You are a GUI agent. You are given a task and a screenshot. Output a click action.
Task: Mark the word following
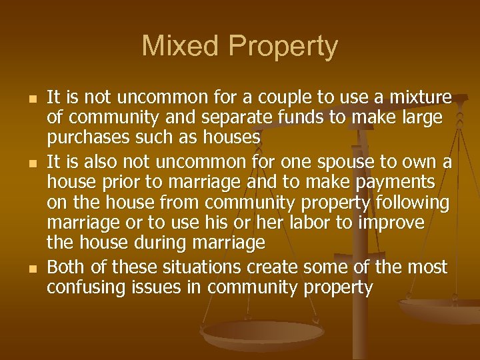pyautogui.click(x=413, y=203)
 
